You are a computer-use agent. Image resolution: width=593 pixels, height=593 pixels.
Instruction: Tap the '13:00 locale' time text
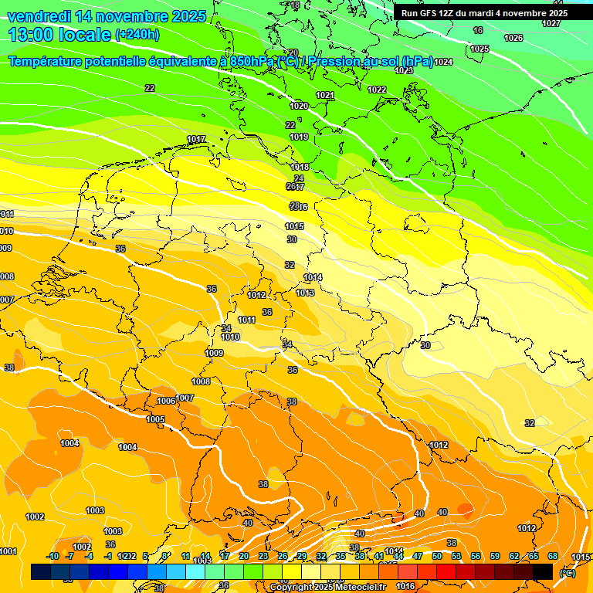pyautogui.click(x=59, y=34)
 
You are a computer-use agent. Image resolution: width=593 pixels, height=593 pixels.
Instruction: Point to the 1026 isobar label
pyautogui.click(x=513, y=38)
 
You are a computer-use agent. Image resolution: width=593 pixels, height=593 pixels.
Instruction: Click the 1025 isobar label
pyautogui.click(x=479, y=49)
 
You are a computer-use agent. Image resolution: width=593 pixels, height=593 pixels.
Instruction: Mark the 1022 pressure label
pyautogui.click(x=377, y=90)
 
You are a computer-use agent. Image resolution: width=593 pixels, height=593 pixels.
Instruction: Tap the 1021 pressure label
pyautogui.click(x=325, y=95)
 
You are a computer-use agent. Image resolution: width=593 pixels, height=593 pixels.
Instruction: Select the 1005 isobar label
pyautogui.click(x=155, y=419)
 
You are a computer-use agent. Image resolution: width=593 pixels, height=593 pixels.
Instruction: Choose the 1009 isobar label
pyautogui.click(x=214, y=353)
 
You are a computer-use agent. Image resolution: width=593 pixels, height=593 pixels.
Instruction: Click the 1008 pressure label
pyautogui.click(x=201, y=381)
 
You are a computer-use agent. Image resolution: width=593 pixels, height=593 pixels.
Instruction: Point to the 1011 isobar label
pyautogui.click(x=246, y=320)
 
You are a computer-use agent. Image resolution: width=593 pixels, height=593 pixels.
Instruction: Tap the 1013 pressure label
pyautogui.click(x=305, y=293)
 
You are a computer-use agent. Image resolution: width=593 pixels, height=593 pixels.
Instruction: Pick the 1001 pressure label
pyautogui.click(x=8, y=551)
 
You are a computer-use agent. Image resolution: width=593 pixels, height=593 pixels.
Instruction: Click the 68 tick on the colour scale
pyautogui.click(x=553, y=556)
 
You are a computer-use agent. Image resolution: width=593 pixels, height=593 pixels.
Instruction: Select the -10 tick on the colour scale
pyautogui.click(x=53, y=556)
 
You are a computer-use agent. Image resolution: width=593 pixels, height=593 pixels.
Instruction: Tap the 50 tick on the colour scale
pyautogui.click(x=437, y=556)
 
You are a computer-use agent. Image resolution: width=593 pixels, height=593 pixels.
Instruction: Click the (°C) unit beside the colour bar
pyautogui.click(x=567, y=572)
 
